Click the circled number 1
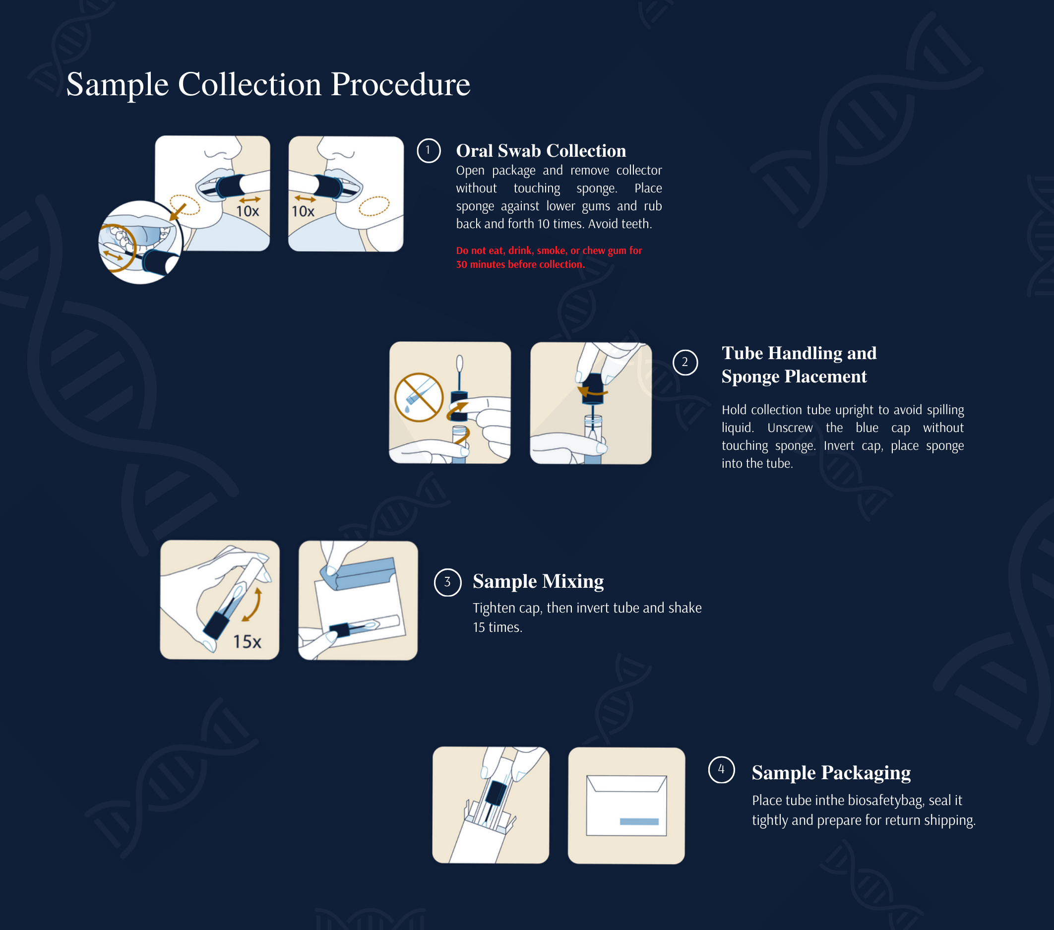point(428,150)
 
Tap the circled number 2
point(685,362)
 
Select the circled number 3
point(447,582)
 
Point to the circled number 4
point(721,770)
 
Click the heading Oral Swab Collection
point(541,150)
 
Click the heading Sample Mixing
point(538,581)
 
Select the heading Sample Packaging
point(831,772)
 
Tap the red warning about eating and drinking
point(548,257)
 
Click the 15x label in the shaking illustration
point(247,641)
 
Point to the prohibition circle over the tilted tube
point(418,397)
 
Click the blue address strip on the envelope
point(638,822)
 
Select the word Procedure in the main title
point(400,84)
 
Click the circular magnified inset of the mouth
point(139,242)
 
